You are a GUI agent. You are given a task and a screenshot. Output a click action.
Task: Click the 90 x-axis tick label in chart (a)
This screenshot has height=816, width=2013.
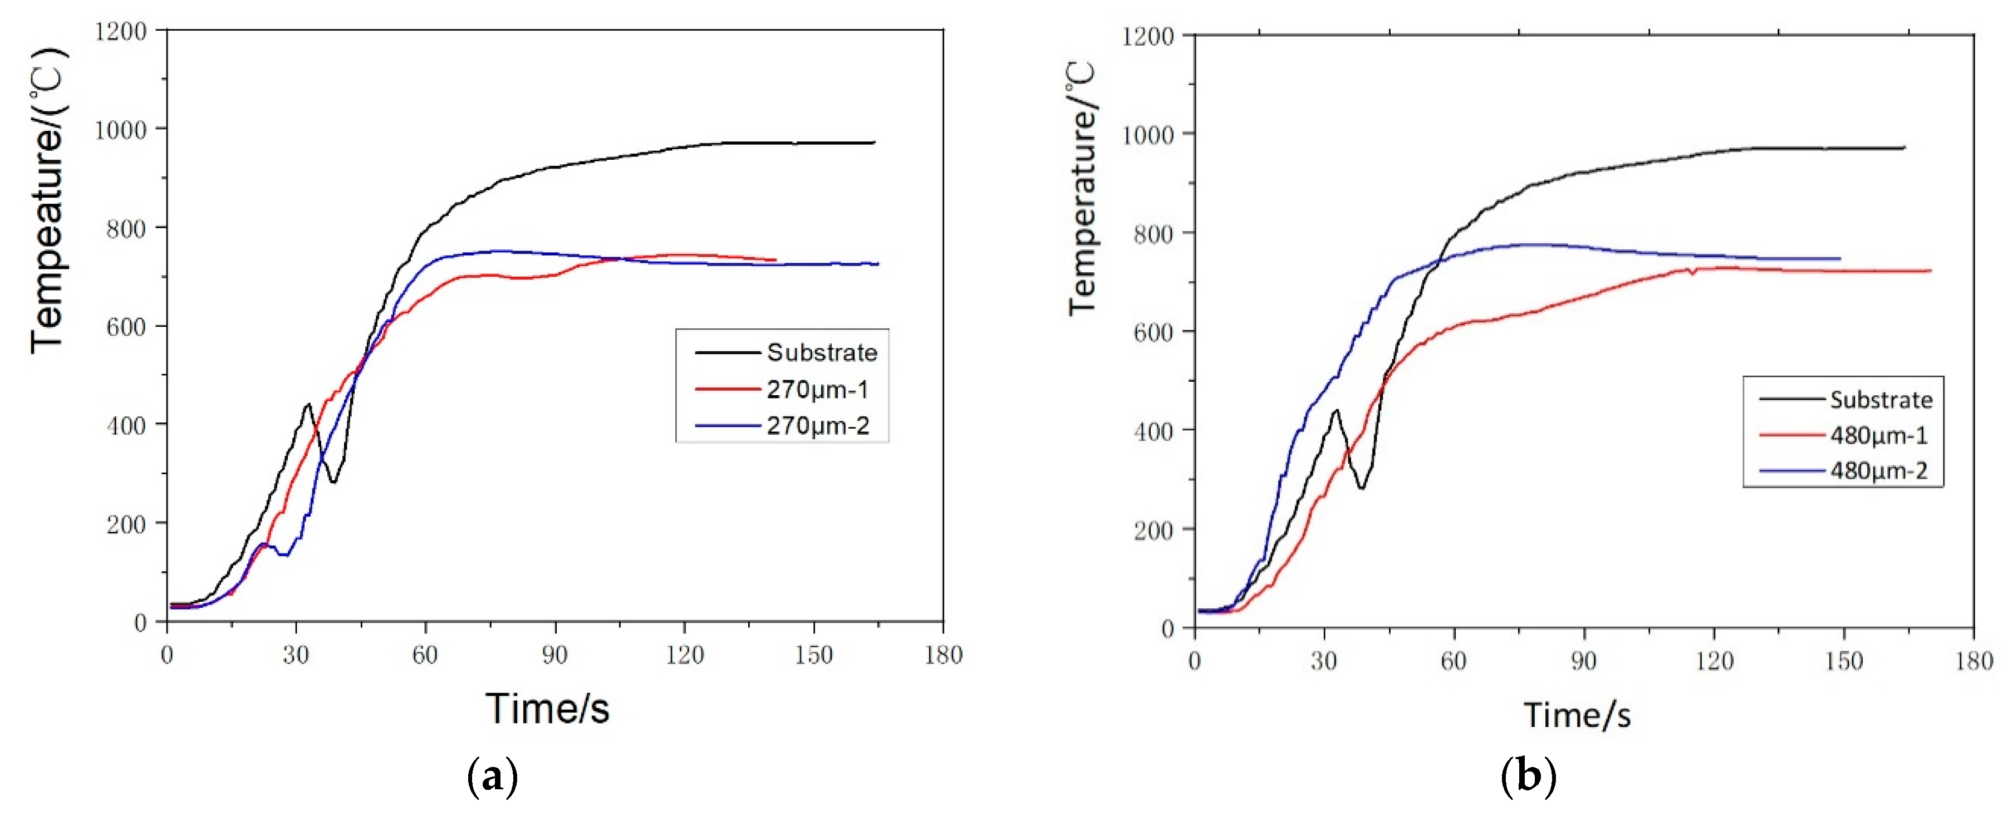555,655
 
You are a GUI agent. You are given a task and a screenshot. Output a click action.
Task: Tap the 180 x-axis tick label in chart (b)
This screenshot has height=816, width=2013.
1973,661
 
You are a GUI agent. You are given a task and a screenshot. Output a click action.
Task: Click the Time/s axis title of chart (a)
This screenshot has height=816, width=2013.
547,708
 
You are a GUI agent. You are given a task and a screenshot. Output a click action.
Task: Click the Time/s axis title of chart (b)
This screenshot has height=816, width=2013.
1577,714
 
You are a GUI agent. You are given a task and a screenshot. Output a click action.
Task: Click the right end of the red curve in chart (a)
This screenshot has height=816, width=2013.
775,259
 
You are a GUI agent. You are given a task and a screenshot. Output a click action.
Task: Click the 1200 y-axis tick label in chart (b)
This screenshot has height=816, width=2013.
1148,36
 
